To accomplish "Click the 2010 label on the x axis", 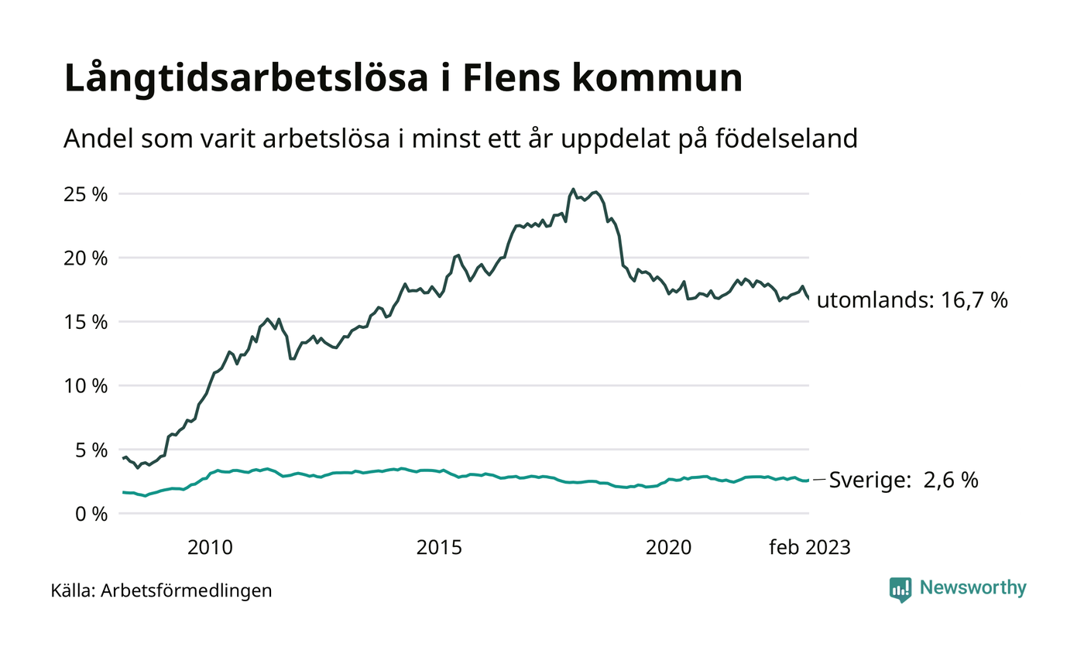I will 210,548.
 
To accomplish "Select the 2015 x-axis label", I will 439,548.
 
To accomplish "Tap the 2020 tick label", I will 668,548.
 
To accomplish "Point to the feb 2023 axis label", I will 809,548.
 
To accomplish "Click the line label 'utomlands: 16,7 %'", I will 912,300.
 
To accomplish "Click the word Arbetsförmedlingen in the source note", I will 187,591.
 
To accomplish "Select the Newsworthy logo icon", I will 900,590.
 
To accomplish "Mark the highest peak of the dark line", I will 573,189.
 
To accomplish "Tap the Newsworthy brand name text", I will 973,588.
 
